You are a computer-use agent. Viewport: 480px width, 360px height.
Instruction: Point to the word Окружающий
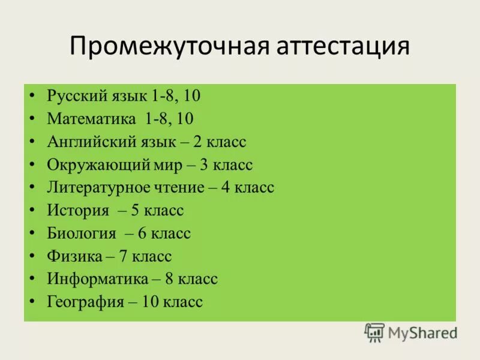94,165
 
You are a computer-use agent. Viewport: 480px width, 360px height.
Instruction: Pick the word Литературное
96,188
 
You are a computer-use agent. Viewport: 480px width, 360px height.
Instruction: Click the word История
78,211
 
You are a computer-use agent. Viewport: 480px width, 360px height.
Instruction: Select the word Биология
82,233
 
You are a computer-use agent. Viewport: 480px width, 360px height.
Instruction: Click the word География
86,302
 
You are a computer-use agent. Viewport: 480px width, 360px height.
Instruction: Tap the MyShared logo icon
374,332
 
